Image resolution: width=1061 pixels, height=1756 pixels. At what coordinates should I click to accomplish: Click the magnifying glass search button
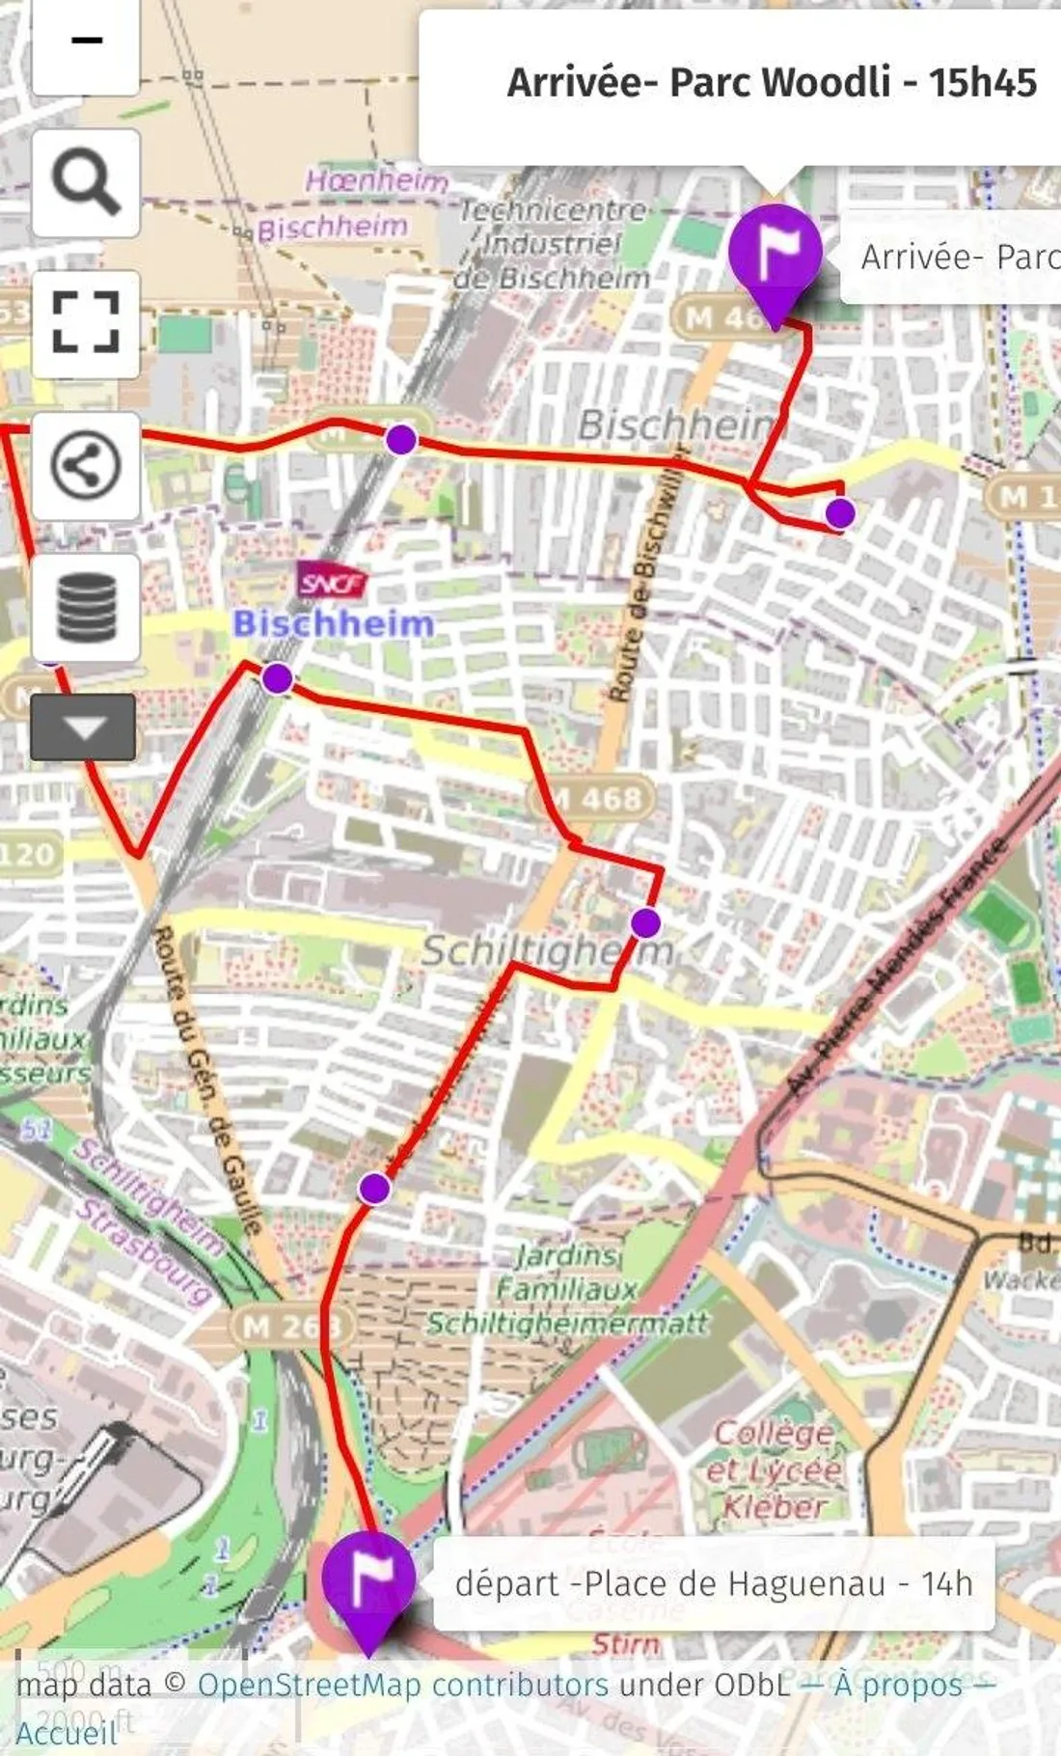coord(86,182)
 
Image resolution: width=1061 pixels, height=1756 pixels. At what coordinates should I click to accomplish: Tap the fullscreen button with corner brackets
coord(86,323)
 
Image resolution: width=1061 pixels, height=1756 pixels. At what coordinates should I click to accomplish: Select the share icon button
coord(86,466)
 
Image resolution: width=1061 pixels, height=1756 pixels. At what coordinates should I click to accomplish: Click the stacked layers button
coord(86,607)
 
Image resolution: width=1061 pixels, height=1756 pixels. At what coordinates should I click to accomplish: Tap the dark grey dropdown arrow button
coord(83,727)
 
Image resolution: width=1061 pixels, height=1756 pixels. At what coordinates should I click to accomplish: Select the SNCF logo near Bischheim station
coord(332,583)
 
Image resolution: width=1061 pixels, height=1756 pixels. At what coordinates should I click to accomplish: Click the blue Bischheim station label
coord(334,623)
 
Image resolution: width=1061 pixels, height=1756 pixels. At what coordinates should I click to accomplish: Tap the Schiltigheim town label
coord(548,951)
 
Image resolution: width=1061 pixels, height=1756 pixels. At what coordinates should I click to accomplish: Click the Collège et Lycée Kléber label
coord(775,1468)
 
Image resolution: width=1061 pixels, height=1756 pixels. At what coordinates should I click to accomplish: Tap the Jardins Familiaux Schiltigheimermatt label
coord(568,1288)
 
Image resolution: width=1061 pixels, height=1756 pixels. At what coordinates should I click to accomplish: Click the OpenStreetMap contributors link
coord(402,1685)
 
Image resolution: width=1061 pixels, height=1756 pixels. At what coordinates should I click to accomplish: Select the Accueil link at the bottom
coord(66,1733)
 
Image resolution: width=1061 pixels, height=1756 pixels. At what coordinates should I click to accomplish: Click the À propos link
coord(898,1685)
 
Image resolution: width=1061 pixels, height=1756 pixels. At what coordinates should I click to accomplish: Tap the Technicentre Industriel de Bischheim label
coord(553,243)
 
